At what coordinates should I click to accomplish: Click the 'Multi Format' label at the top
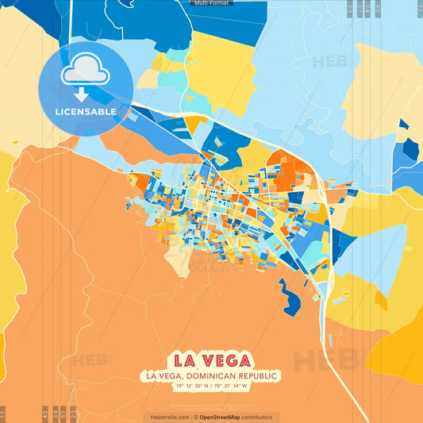pos(211,3)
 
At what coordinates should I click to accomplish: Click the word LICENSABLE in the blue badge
pos(85,112)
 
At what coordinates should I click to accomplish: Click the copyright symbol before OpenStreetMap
pos(196,417)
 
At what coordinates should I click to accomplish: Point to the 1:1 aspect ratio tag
pos(3,413)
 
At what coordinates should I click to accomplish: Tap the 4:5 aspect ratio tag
pos(45,413)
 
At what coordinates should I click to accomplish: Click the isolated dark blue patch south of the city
pos(290,301)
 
